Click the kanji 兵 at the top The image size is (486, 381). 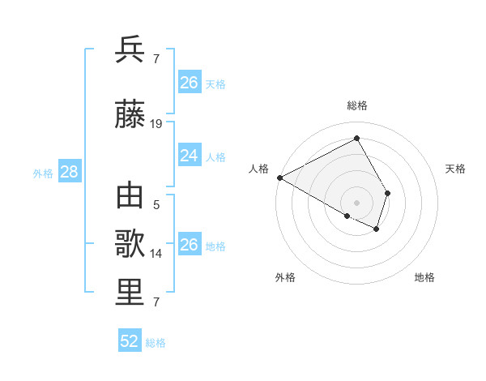click(130, 49)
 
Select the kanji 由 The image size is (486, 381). click(130, 197)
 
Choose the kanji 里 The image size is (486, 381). click(130, 293)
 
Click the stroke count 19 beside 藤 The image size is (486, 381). click(156, 124)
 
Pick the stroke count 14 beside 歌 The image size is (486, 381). click(156, 253)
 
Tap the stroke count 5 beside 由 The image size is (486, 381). click(156, 205)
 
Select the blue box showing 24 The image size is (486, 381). click(189, 156)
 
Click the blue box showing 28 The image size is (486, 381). click(68, 172)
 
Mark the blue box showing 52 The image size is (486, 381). click(130, 341)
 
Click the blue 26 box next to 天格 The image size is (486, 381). click(189, 83)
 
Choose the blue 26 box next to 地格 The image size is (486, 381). click(189, 245)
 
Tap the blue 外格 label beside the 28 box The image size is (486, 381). click(43, 173)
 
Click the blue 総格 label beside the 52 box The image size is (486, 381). click(156, 343)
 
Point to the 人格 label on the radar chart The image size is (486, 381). click(259, 169)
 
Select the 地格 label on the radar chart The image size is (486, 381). click(424, 278)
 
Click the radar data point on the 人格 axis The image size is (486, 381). click(279, 178)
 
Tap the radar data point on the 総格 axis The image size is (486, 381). click(356, 139)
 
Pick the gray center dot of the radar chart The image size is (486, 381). click(356, 201)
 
